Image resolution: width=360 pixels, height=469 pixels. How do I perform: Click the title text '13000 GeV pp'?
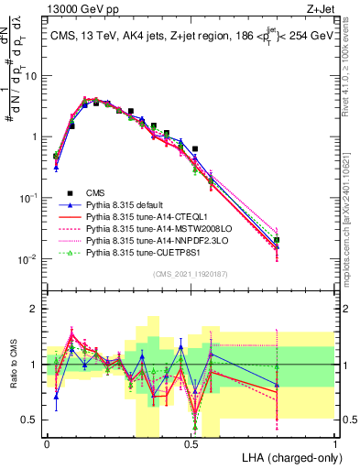click(x=77, y=8)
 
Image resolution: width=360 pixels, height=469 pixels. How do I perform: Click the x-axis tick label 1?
click(x=335, y=443)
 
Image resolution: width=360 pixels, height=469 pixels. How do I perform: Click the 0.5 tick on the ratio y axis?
click(x=32, y=420)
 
